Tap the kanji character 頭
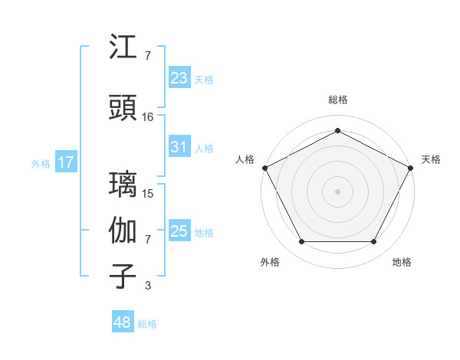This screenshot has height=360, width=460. (x=123, y=108)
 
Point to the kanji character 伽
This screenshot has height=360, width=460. (x=123, y=231)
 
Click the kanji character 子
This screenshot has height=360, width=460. (x=123, y=277)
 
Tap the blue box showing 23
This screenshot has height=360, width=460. (x=179, y=77)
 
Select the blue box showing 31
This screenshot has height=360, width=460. (x=179, y=147)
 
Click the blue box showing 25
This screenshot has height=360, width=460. (x=179, y=231)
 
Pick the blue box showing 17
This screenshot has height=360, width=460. (x=66, y=162)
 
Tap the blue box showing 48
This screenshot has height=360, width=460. (x=123, y=322)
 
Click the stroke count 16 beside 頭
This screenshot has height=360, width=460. (x=148, y=116)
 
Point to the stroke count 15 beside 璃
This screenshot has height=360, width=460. (x=148, y=193)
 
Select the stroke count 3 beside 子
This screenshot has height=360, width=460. (x=147, y=286)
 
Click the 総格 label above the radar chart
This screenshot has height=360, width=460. (x=337, y=100)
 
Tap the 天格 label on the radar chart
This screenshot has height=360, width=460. (x=431, y=159)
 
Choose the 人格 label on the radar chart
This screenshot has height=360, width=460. (x=245, y=159)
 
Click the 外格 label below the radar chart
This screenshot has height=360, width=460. (x=270, y=262)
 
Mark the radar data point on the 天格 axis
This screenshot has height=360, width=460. (x=412, y=167)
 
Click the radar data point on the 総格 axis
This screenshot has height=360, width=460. (x=337, y=131)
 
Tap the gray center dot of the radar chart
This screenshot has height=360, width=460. (x=337, y=191)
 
